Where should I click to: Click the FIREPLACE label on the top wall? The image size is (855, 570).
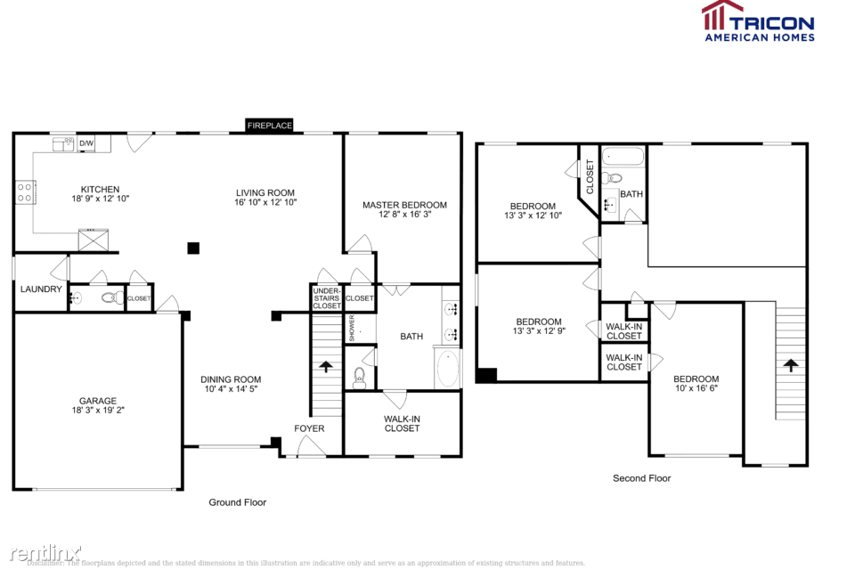click(x=270, y=126)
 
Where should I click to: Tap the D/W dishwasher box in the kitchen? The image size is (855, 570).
click(x=86, y=143)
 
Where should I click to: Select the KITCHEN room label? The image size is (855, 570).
click(x=100, y=189)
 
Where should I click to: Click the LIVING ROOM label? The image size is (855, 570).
click(x=265, y=192)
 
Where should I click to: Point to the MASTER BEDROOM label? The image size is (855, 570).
click(x=404, y=205)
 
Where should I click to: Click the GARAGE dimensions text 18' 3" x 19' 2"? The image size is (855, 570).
click(x=97, y=411)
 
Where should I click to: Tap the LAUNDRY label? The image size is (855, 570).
click(x=41, y=289)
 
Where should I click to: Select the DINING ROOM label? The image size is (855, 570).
click(x=231, y=379)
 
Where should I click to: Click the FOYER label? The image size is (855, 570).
click(x=310, y=428)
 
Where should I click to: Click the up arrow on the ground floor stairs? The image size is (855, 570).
click(x=326, y=365)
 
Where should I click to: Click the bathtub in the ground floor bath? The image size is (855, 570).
click(x=448, y=368)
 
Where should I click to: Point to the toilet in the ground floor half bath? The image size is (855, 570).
click(x=112, y=298)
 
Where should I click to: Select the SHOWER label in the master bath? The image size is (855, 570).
click(x=352, y=328)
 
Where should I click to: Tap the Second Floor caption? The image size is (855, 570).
click(x=641, y=478)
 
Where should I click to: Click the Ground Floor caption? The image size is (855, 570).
click(x=237, y=502)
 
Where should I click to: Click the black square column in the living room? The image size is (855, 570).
click(x=193, y=248)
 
